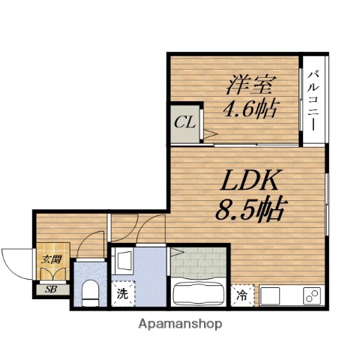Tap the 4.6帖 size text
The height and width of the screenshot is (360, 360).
coord(250,109)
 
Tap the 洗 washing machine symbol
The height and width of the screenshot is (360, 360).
coord(121,293)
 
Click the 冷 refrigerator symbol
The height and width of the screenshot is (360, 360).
coord(243,294)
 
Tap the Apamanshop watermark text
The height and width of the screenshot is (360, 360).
coord(180,325)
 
